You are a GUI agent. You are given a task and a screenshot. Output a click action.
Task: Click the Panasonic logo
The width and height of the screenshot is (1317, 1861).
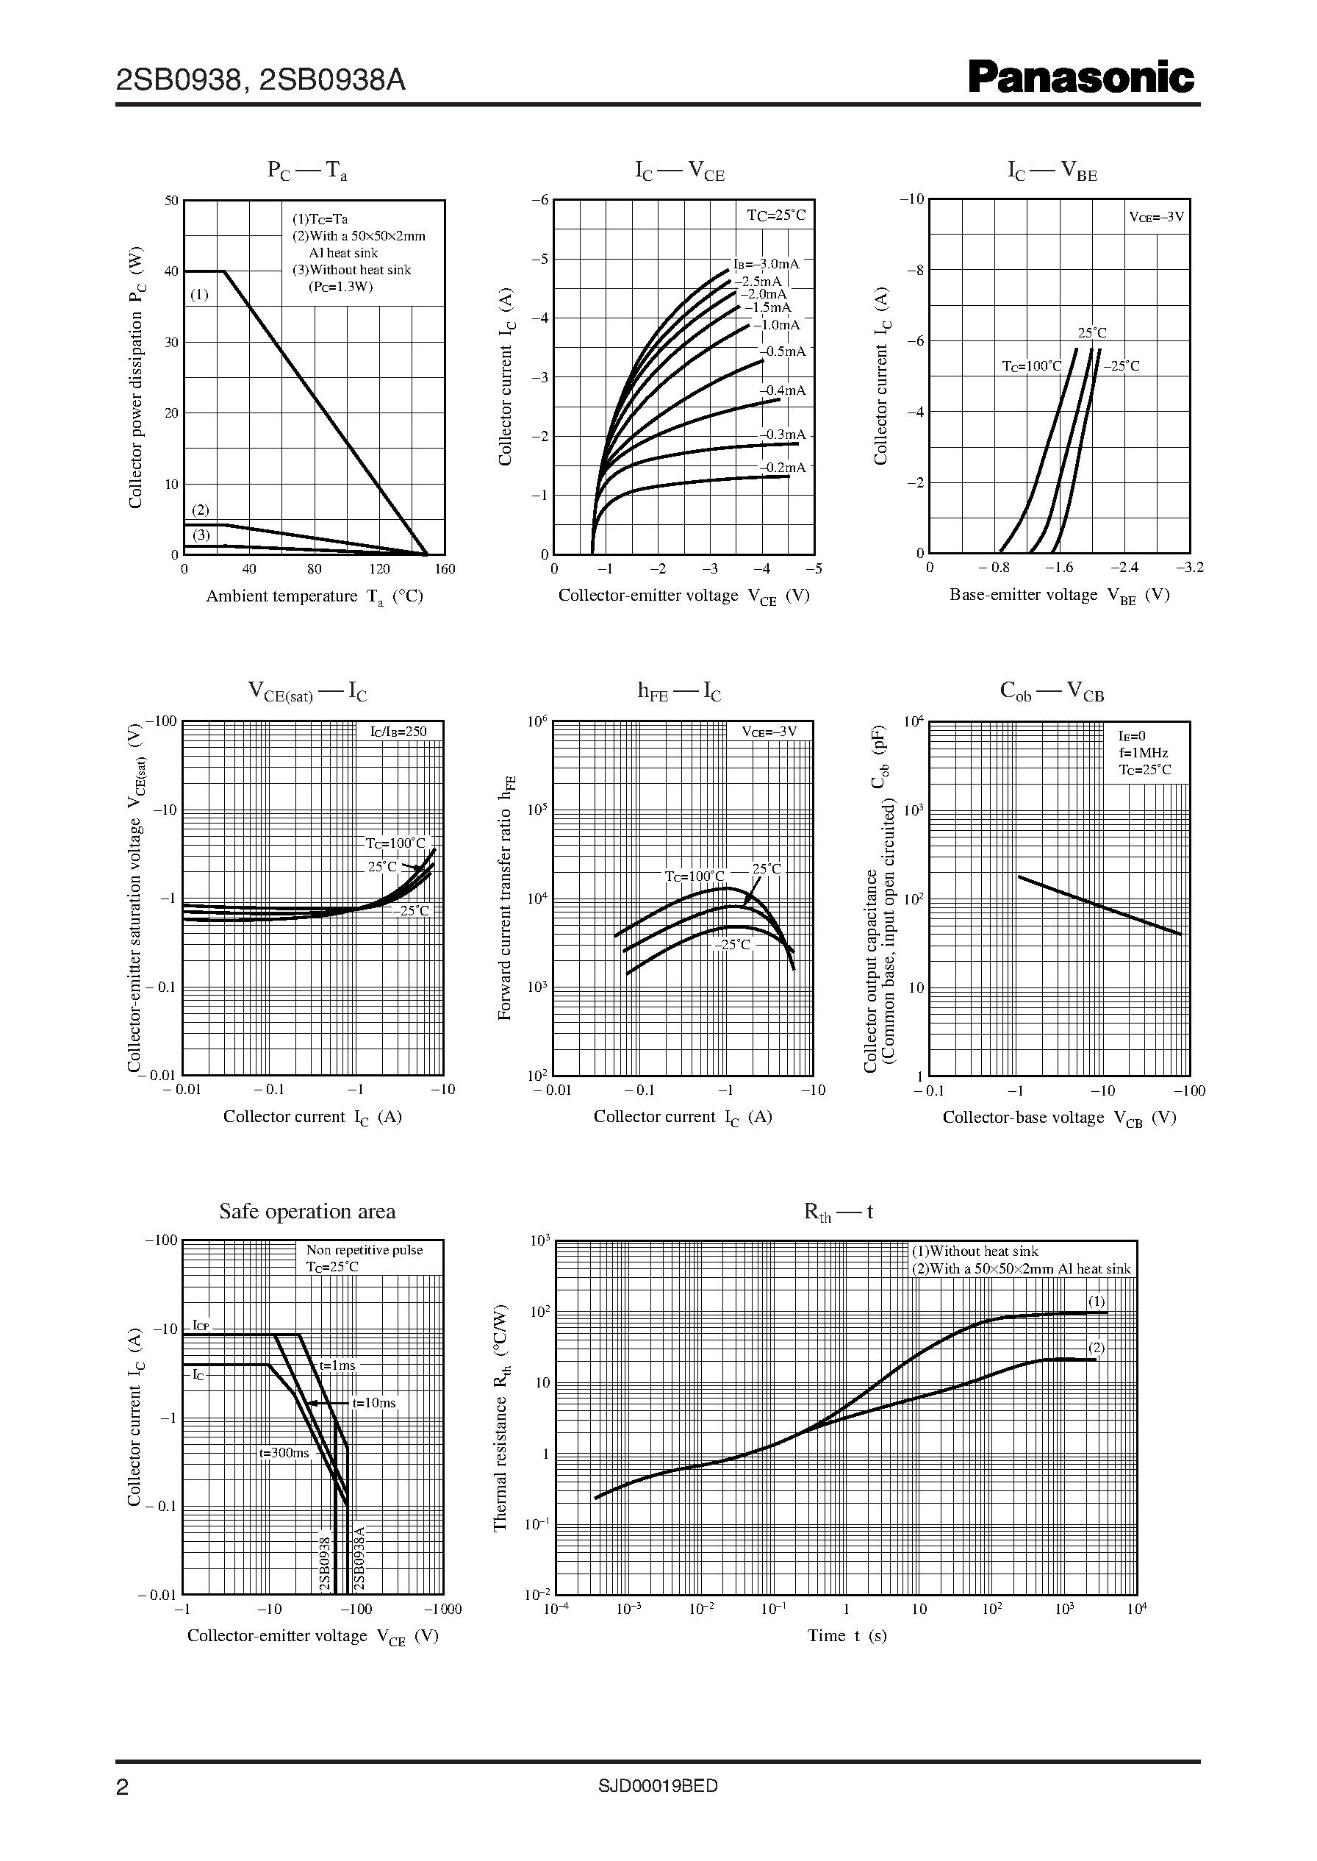click(x=1081, y=79)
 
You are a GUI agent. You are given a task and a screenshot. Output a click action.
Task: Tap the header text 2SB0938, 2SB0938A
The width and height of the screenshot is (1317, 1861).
click(x=260, y=80)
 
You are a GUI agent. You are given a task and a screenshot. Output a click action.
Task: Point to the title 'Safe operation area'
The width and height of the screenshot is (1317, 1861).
click(x=307, y=1211)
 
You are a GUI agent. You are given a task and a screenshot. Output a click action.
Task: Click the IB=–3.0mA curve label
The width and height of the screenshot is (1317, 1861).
click(x=766, y=264)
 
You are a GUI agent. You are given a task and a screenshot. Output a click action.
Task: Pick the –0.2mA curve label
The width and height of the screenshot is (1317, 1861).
click(x=783, y=468)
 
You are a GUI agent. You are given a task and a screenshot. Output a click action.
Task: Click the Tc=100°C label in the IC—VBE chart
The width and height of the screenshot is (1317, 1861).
click(x=1030, y=366)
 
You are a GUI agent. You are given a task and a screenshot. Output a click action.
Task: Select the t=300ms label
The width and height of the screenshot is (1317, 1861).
click(x=284, y=1452)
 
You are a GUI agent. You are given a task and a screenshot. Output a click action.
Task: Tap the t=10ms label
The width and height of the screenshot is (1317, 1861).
click(x=374, y=1403)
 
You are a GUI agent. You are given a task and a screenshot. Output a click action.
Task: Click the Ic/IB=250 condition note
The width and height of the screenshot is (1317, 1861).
click(x=398, y=731)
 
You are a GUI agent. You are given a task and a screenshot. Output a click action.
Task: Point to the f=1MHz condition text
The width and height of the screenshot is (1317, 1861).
click(x=1144, y=753)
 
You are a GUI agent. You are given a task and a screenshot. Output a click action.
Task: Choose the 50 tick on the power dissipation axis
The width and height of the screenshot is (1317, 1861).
click(x=171, y=201)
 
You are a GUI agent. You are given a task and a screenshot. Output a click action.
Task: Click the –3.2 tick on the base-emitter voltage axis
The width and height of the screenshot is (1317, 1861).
click(x=1190, y=568)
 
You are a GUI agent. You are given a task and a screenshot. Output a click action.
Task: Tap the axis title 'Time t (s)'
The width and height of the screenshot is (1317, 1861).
click(x=847, y=1635)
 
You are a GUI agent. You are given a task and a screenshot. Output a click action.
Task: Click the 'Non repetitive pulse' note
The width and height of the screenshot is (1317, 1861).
click(x=364, y=1250)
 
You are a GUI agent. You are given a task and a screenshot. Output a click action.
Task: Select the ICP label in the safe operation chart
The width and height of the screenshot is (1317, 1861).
click(x=201, y=1325)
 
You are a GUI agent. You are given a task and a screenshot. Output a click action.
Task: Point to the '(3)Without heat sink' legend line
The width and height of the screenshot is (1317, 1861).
click(x=351, y=270)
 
